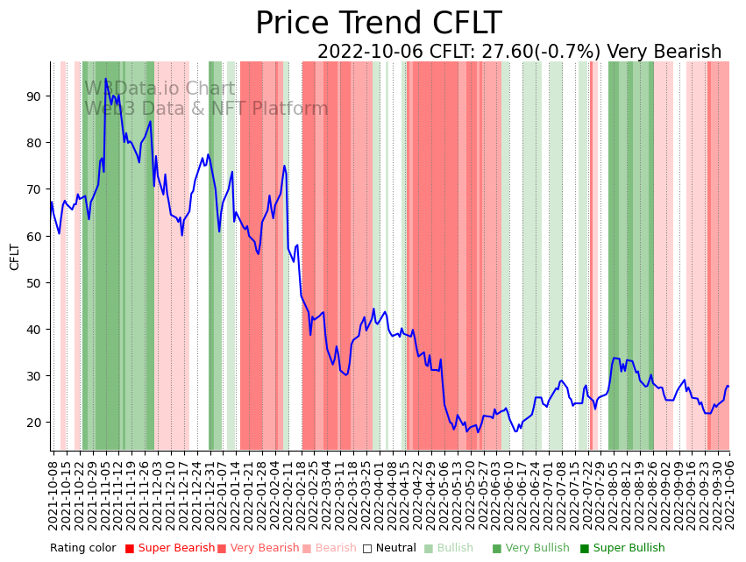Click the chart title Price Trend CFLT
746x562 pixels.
pyautogui.click(x=378, y=24)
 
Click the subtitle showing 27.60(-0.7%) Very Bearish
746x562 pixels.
pyautogui.click(x=519, y=52)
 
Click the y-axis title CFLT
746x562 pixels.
pyautogui.click(x=15, y=257)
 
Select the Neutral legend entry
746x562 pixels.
pyautogui.click(x=391, y=548)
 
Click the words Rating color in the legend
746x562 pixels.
pyautogui.click(x=82, y=548)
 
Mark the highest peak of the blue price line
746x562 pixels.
pyautogui.click(x=106, y=79)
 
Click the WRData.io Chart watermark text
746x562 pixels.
pyautogui.click(x=160, y=89)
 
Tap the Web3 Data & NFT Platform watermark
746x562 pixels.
pyautogui.click(x=206, y=109)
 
